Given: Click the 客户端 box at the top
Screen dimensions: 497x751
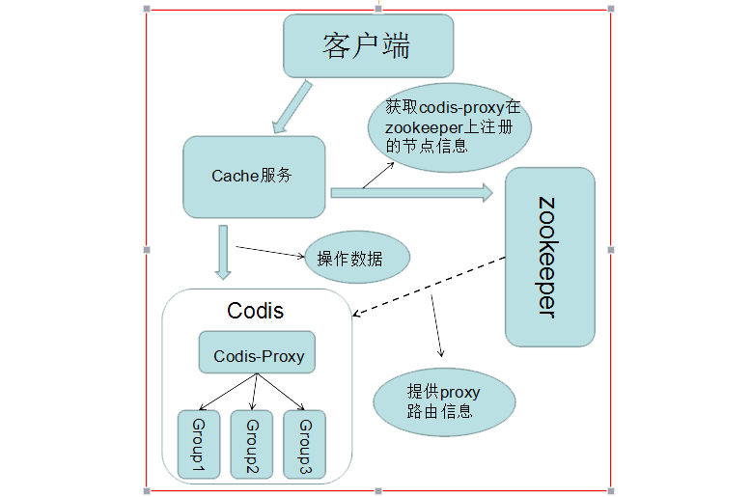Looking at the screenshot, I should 368,45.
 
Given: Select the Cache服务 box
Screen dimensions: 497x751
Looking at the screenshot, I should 254,176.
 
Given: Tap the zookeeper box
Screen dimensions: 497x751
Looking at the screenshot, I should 549,257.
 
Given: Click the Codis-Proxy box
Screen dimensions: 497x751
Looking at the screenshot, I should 258,354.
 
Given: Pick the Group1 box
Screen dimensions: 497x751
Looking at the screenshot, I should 199,444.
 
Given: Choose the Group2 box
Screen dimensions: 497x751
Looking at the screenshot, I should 252,444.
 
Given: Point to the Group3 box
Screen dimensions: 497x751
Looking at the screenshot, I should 304,444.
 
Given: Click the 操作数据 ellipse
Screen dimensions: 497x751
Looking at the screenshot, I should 357,259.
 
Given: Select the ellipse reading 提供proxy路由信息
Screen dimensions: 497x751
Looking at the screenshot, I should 444,401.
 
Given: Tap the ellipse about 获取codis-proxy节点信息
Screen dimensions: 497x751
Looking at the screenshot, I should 450,125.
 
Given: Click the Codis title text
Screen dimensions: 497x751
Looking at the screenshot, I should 255,311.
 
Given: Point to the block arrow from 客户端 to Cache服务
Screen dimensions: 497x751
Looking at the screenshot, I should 292,106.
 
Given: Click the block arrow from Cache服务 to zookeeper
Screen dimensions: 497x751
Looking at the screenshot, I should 410,192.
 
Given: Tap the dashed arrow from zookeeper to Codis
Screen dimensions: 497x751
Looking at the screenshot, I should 430,287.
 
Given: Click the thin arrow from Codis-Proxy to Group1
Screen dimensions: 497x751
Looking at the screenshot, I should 227,392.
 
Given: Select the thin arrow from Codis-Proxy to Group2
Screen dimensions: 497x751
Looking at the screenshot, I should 255,392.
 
